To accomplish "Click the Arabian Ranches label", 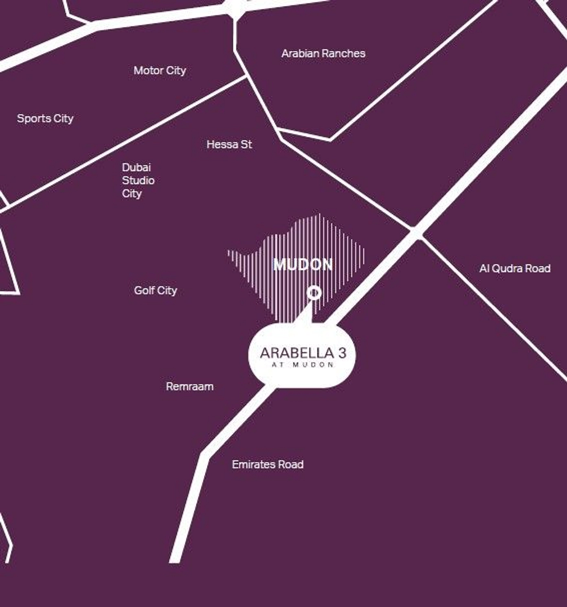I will point(323,53).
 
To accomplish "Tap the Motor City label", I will point(160,70).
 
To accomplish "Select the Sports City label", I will point(45,119).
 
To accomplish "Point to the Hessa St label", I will point(229,144).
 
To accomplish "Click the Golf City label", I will point(155,290).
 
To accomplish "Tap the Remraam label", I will point(189,386).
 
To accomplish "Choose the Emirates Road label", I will point(268,464).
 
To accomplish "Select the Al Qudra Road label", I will point(515,268).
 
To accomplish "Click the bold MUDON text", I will point(303,265).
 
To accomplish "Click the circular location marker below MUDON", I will point(314,293).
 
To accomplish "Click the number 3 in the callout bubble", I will point(342,352).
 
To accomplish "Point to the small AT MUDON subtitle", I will point(303,365).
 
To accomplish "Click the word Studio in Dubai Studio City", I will point(138,180).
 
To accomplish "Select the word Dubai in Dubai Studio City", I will point(136,167).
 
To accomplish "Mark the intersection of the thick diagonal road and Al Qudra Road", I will point(416,233).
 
